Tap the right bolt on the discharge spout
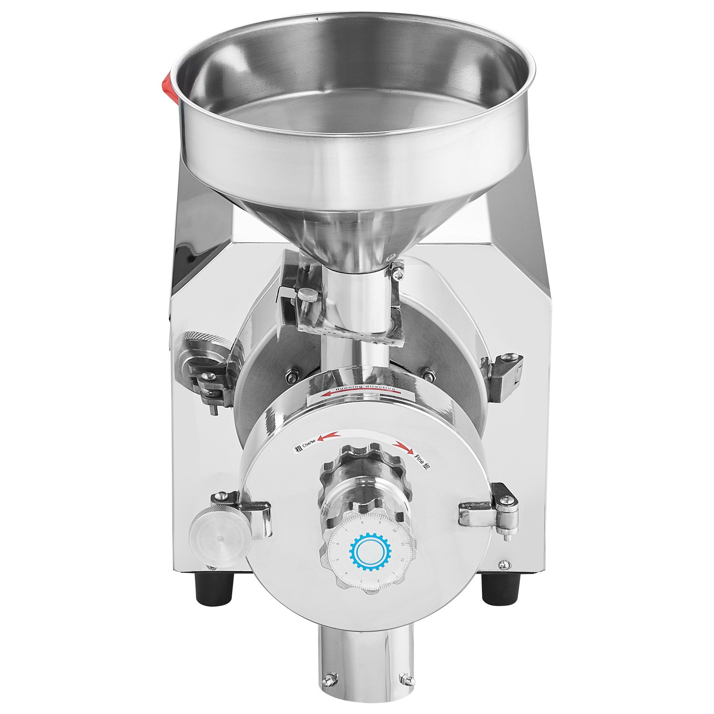tap(406, 691)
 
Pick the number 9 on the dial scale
tap(379, 529)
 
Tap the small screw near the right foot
tap(504, 564)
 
